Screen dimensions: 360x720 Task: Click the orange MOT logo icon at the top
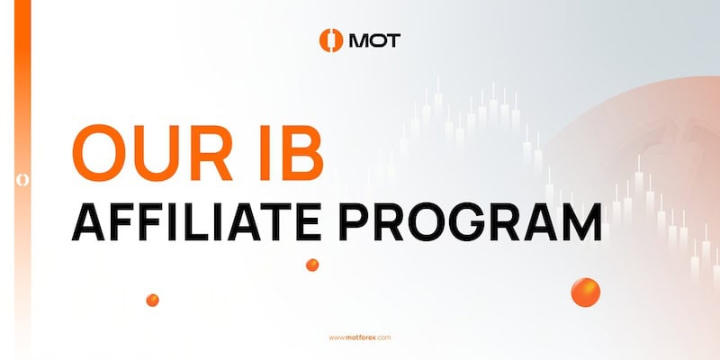coord(331,40)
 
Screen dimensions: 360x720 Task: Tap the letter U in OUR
coord(155,151)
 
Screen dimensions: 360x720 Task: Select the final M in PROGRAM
coord(581,220)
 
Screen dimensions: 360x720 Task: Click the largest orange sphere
coord(585,291)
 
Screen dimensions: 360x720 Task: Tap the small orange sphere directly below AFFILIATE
coord(312,265)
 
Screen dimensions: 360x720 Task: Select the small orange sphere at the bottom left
coord(152,300)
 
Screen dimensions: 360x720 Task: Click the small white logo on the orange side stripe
coord(16,180)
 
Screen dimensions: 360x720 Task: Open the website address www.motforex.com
coord(359,337)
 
